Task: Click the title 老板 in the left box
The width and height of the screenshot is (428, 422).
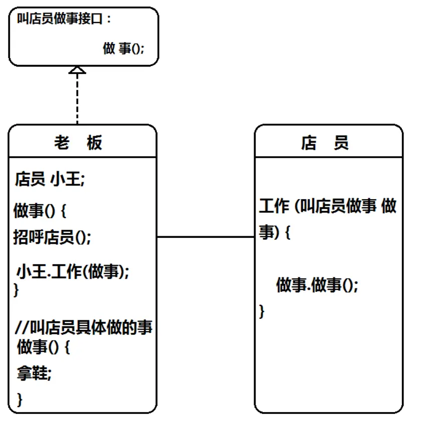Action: (x=78, y=143)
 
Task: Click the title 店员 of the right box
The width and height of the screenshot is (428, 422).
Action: (x=325, y=143)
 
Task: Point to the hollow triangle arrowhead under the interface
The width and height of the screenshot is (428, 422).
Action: (x=77, y=71)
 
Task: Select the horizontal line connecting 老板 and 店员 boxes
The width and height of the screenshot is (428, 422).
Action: (x=205, y=237)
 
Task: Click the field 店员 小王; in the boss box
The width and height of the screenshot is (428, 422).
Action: (x=50, y=179)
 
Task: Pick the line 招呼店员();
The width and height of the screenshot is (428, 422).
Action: (x=52, y=237)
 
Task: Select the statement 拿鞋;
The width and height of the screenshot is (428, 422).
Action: (x=34, y=373)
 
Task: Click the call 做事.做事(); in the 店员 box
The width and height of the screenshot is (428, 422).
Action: (x=317, y=285)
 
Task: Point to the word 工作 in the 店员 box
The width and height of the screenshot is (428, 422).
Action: (x=274, y=206)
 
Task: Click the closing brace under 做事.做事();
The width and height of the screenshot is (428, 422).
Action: (x=262, y=311)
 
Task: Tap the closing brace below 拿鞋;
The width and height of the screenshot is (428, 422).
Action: (x=20, y=399)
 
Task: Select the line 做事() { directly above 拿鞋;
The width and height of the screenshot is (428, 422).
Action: (x=43, y=346)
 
